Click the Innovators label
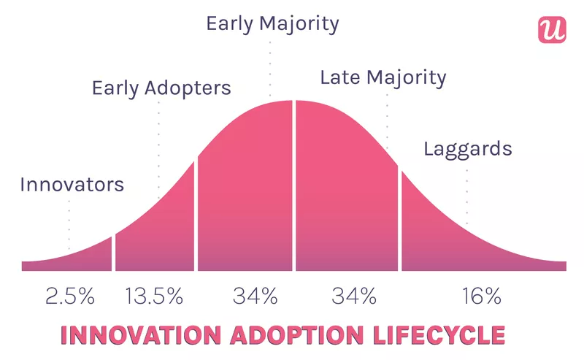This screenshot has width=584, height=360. click(72, 184)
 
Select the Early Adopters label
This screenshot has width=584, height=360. click(161, 88)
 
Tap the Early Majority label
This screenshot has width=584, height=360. click(272, 23)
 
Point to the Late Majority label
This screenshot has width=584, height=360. click(383, 77)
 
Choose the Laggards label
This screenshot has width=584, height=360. click(467, 150)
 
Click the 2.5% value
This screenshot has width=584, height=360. click(69, 296)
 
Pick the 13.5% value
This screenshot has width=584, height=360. click(153, 296)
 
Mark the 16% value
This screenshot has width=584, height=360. click(481, 296)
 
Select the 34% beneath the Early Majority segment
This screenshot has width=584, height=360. click(255, 296)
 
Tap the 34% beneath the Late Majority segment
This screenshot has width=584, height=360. click(354, 296)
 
